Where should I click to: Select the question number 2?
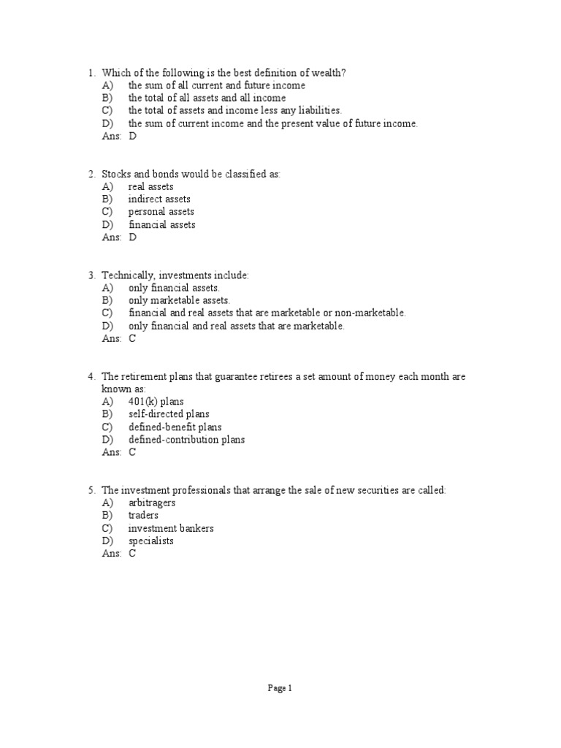[91, 174]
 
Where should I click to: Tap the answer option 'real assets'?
[150, 186]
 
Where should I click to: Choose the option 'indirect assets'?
[159, 199]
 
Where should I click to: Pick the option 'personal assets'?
[161, 212]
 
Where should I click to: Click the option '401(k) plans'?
[156, 401]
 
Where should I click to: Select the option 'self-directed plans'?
[169, 414]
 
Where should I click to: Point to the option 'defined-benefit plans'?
[175, 427]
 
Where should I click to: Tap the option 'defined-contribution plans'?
[186, 440]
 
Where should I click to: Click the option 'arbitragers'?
[152, 503]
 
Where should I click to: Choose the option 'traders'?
[143, 515]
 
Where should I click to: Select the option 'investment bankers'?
[171, 528]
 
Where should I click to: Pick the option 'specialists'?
[150, 541]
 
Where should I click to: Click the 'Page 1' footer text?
[280, 687]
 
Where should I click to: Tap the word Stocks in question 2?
[115, 174]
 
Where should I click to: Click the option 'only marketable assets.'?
[179, 300]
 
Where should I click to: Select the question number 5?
[91, 489]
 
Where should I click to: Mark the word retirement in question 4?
[145, 376]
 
